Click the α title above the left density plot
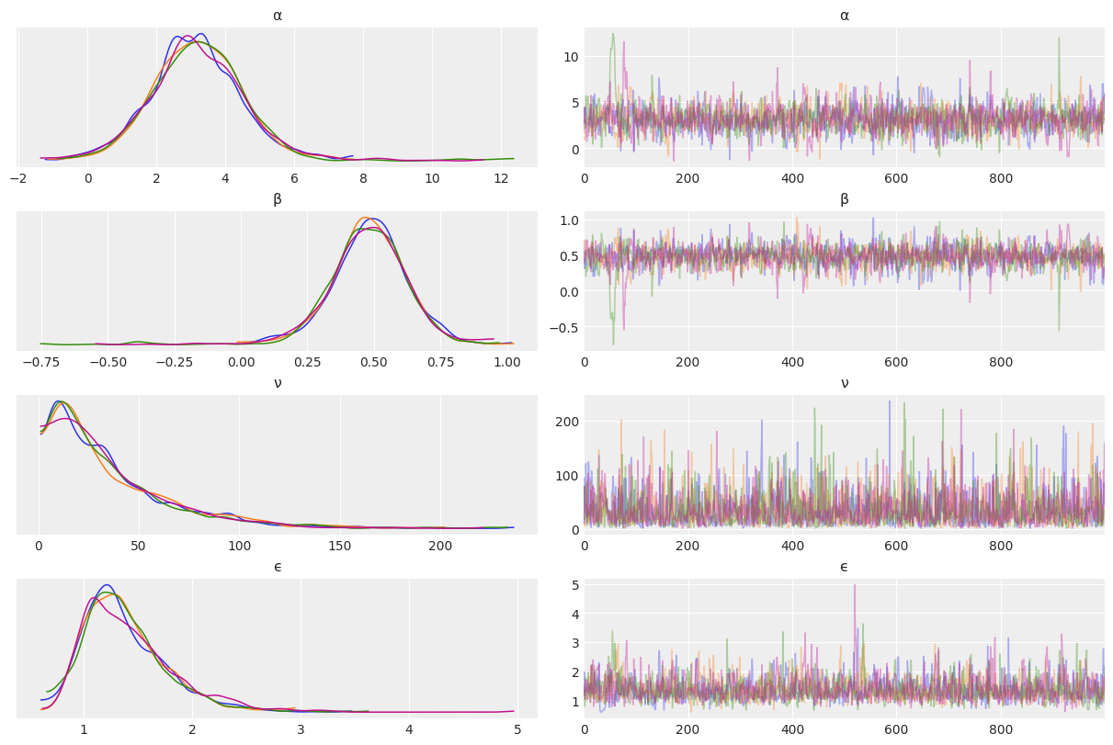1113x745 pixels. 278,16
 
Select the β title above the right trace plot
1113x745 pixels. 844,199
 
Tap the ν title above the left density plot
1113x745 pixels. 278,383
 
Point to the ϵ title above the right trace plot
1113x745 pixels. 844,567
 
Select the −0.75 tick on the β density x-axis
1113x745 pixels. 40,362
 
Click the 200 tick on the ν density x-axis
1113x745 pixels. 440,546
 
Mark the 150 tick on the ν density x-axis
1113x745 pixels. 340,546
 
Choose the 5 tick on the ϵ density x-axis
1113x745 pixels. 517,729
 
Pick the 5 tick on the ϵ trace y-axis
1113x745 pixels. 573,584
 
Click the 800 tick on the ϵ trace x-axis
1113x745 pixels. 1000,729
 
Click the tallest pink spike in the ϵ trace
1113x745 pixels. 855,586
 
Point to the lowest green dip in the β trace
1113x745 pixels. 613,344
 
